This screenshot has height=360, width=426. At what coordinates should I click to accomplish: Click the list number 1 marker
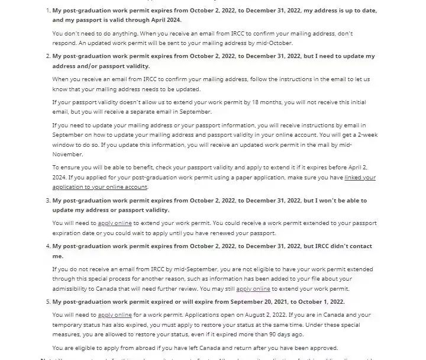(x=47, y=11)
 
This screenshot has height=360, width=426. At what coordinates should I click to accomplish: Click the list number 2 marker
(x=47, y=56)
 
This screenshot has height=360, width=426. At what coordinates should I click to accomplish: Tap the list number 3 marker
(x=47, y=201)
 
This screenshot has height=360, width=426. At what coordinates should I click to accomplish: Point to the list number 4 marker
(x=47, y=246)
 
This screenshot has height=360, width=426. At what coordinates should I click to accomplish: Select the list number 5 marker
(x=47, y=302)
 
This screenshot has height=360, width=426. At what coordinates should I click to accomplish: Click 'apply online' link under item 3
(x=115, y=223)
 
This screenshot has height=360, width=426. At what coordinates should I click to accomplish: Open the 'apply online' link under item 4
(x=253, y=289)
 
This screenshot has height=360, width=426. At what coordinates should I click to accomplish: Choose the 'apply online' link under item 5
(x=115, y=315)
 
